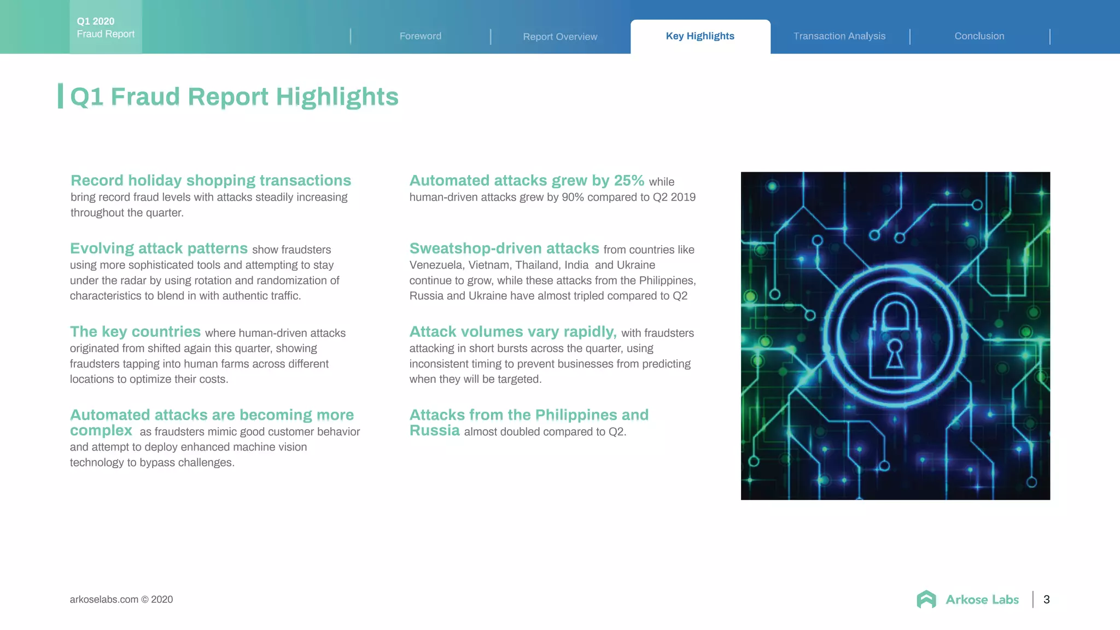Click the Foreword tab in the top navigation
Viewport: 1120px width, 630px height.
coord(420,36)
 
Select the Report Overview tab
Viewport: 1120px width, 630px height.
coord(560,37)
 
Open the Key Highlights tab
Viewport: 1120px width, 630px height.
coord(700,36)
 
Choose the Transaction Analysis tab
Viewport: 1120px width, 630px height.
coord(839,36)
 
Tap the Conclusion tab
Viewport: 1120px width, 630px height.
coord(979,36)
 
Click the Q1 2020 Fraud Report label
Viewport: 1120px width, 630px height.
coord(106,27)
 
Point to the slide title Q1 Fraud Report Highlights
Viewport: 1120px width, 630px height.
coord(234,97)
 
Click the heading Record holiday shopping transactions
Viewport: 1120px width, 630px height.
coord(211,180)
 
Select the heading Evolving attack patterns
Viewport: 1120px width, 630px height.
coord(159,248)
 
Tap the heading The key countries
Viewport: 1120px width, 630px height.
coord(135,331)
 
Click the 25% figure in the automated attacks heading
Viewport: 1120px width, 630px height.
coord(629,180)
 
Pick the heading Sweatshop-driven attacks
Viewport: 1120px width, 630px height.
coord(504,248)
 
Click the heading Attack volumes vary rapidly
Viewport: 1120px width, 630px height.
coord(513,331)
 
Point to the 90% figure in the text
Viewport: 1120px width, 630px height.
coord(573,197)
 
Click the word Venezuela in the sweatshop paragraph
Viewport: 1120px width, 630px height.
coord(436,265)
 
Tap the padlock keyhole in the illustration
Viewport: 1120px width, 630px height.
coord(895,353)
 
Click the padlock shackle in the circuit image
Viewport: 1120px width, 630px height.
coord(895,312)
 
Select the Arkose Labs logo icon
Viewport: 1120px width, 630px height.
coord(926,599)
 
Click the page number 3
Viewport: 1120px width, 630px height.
coord(1047,599)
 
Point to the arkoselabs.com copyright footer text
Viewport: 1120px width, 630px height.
coord(121,599)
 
